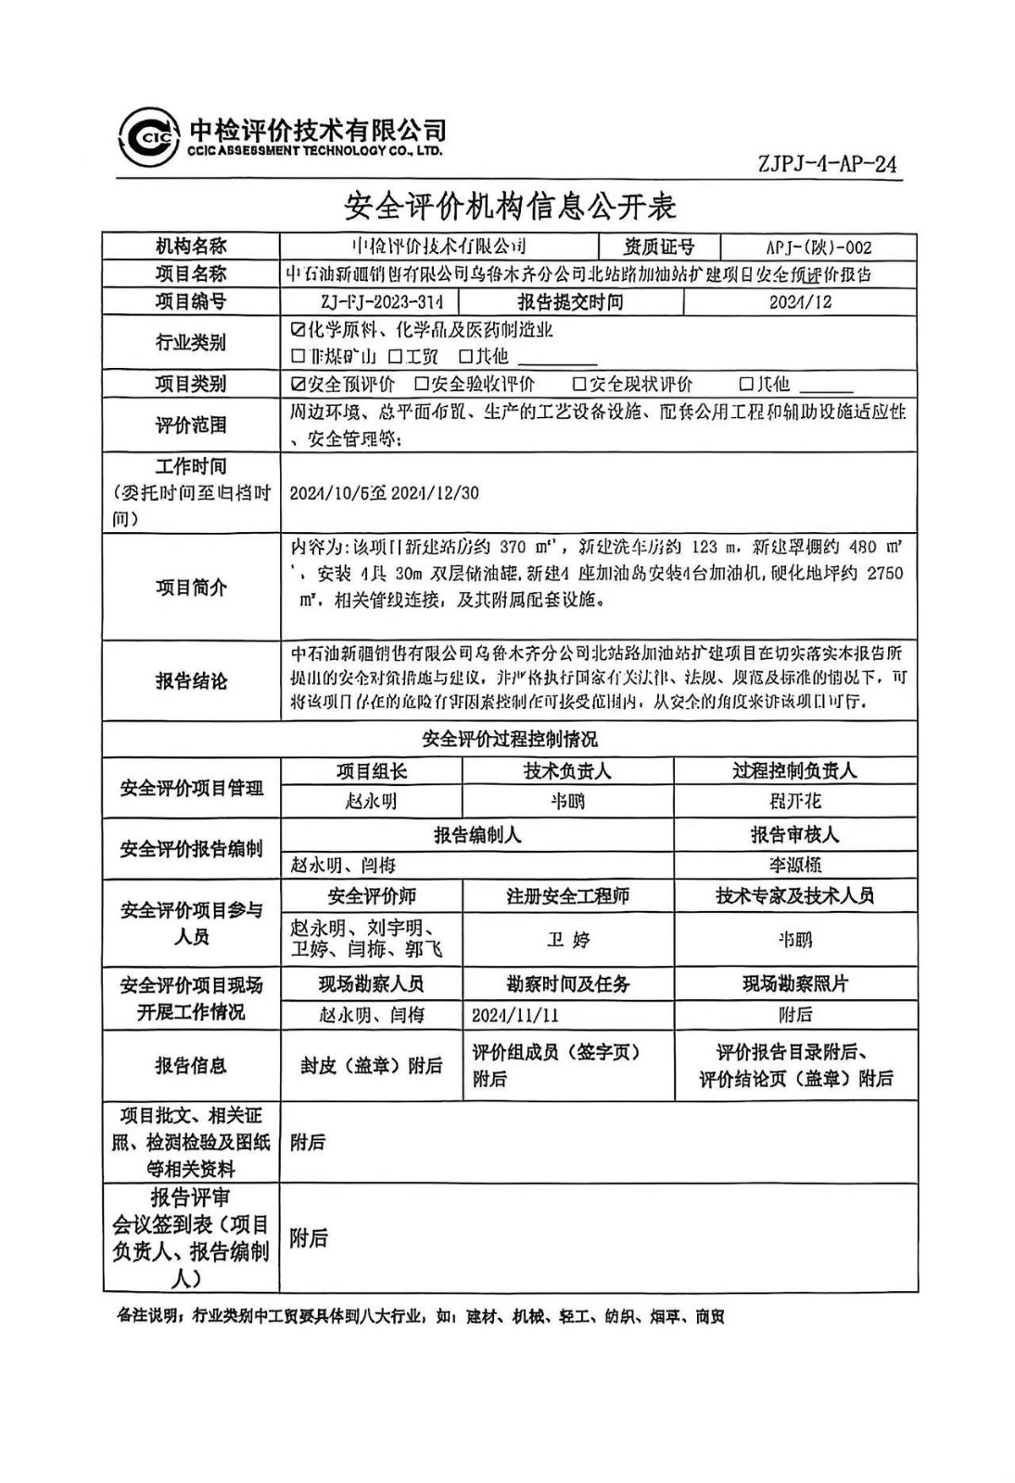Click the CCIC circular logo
148,139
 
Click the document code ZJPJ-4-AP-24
827,164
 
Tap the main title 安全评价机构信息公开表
510,206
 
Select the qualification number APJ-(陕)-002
818,247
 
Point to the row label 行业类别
191,342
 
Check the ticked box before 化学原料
298,330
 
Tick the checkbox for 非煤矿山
298,356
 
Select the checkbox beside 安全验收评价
422,384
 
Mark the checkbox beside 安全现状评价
579,384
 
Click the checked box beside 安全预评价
298,384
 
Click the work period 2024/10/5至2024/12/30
384,493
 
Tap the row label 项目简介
191,588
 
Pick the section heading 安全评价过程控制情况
510,739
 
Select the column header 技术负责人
567,771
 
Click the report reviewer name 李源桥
794,865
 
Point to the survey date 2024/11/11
515,1015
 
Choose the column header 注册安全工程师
567,896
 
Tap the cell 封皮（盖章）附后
371,1066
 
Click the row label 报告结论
191,681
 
